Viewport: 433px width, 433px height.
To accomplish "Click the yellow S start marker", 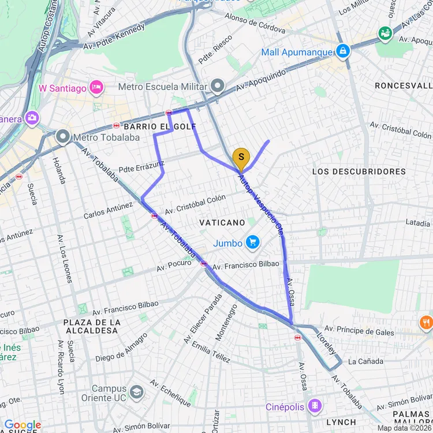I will coord(241,157).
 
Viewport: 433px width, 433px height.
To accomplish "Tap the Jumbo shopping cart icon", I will coord(252,243).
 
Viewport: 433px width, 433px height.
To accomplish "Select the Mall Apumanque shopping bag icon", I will coord(344,51).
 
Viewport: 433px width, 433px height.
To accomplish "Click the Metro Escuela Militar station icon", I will coord(218,87).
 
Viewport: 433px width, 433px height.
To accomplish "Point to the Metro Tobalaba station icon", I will coord(64,137).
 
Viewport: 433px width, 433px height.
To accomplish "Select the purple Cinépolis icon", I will coord(314,406).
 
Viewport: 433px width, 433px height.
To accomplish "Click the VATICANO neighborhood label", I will coord(222,222).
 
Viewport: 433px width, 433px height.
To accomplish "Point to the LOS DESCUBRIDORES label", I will coord(359,171).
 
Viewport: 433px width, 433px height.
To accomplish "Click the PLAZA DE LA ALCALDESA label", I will coord(91,326).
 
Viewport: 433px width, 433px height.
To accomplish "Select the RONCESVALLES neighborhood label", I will coord(403,85).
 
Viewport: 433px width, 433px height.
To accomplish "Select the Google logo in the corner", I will coord(22,425).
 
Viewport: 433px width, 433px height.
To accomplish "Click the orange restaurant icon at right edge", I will coord(426,322).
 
